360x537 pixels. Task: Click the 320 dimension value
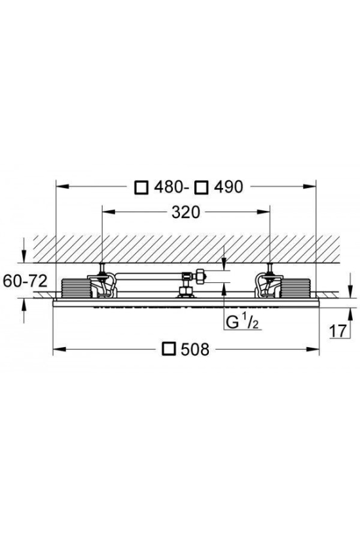coord(185,212)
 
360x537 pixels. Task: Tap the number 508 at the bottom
coord(194,349)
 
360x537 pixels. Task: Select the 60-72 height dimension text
coord(25,281)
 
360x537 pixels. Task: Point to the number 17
coord(338,331)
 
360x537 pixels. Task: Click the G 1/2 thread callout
coord(242,322)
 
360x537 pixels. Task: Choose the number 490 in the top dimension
coord(228,187)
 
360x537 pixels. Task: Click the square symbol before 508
coord(170,348)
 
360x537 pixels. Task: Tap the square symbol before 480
coord(141,187)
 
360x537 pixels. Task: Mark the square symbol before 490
coord(201,187)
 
